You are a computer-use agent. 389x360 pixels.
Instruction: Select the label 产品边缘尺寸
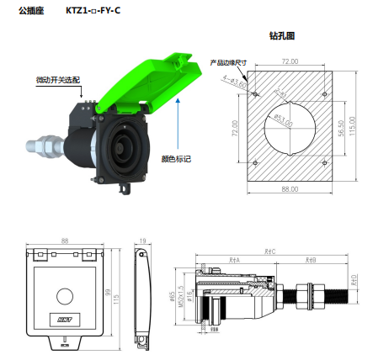pyautogui.click(x=227, y=61)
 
